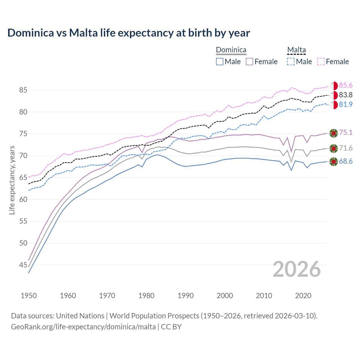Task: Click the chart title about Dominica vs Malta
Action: point(129,33)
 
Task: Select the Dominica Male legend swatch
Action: point(220,62)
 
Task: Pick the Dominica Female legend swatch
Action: point(249,62)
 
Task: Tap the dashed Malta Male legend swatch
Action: point(291,62)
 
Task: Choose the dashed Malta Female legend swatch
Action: point(321,62)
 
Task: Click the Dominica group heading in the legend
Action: point(231,50)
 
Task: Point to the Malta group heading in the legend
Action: point(296,50)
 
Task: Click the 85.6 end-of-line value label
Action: point(346,85)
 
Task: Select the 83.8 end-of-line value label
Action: point(346,95)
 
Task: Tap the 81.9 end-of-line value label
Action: point(346,105)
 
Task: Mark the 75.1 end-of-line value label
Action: point(346,133)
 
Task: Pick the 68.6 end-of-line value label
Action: point(346,161)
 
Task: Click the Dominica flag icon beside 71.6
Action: point(334,148)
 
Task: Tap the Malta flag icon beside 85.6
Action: point(334,86)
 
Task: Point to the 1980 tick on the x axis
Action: point(146,296)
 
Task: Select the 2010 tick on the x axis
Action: point(264,296)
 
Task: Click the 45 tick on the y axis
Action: point(23,265)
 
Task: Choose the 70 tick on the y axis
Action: point(23,156)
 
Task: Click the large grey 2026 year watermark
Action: point(297,269)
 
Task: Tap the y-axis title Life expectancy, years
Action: point(12,180)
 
